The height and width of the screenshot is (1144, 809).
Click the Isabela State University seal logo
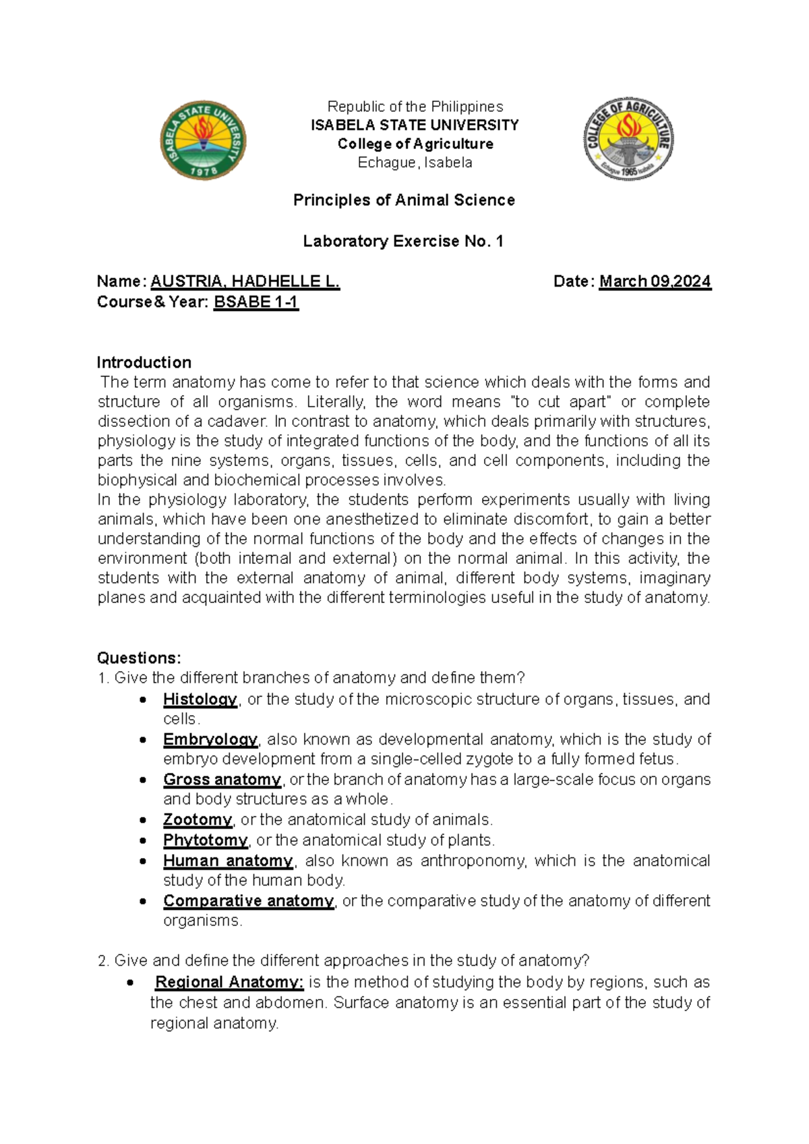point(203,141)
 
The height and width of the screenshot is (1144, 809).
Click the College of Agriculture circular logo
point(628,138)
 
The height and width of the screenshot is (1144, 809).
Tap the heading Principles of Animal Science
point(404,200)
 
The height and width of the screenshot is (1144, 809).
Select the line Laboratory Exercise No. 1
point(403,241)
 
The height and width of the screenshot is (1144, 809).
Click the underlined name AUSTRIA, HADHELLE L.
point(245,281)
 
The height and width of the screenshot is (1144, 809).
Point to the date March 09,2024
point(655,281)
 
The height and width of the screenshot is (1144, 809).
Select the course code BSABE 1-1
point(256,302)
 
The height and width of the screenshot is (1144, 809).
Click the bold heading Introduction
point(144,362)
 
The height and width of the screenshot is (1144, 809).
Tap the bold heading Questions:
point(139,658)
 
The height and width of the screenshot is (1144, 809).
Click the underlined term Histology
point(200,699)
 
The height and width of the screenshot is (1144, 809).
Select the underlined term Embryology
point(210,739)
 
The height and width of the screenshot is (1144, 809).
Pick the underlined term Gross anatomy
point(222,779)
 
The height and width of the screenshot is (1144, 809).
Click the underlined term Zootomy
point(197,820)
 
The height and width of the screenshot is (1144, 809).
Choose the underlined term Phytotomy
point(205,840)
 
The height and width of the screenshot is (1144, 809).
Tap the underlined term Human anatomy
point(227,861)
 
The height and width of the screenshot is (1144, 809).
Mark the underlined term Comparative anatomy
point(248,901)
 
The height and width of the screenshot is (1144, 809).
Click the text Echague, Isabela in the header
point(415,163)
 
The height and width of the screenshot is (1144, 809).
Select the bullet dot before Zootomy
point(142,820)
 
